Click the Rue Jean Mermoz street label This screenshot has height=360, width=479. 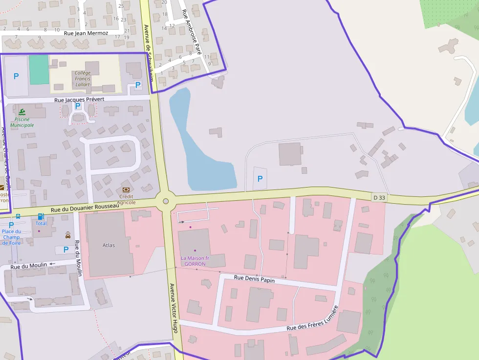coord(86,33)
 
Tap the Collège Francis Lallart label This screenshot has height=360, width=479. coord(83,79)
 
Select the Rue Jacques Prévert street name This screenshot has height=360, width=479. coord(79,100)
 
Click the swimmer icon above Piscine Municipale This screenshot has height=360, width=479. coord(22,112)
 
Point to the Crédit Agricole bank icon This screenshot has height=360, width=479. coord(126,190)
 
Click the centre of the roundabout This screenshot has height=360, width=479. coord(166,201)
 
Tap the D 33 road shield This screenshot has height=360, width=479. coord(379,198)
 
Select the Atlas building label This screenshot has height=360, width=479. coord(109,245)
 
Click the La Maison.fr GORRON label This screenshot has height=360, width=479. coord(195,261)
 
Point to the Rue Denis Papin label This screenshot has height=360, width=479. coord(254,279)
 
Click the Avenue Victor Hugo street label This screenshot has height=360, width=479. coord(173,308)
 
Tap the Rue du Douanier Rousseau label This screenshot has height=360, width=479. coord(86,207)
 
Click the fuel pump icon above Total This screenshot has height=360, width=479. coord(41,216)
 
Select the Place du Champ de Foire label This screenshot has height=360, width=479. coord(11,237)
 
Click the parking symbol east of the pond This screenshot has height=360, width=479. coord(260,179)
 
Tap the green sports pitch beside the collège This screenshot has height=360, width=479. coord(39,69)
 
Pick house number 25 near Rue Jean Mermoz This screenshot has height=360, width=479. coord(121,6)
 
